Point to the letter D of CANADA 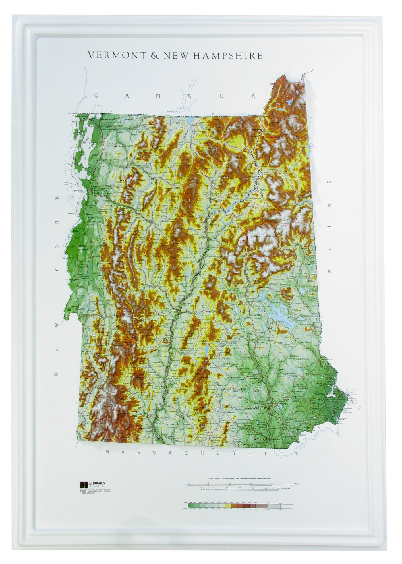point(222,96)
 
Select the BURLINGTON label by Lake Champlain point(80,191)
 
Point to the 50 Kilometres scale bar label point(285,488)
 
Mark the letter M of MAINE point(330,271)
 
